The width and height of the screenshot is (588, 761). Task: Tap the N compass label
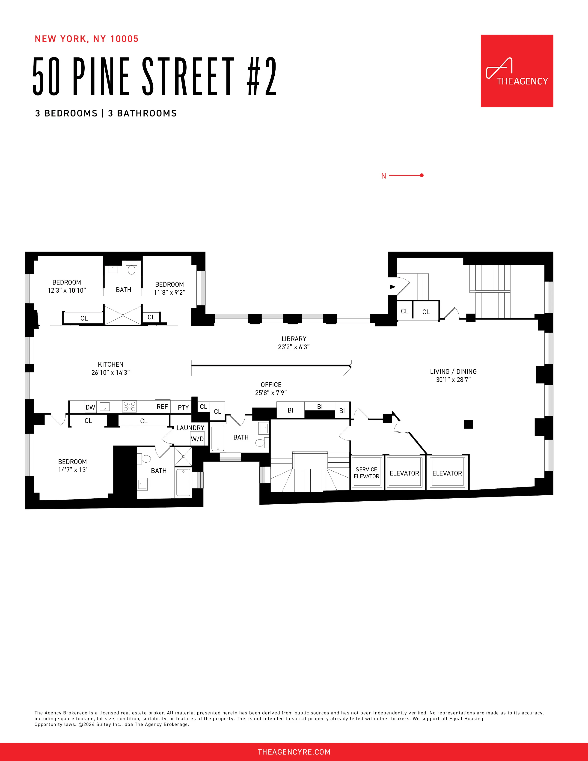[383, 176]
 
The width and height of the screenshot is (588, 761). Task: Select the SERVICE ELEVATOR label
[366, 473]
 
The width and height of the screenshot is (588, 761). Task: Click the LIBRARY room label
[294, 339]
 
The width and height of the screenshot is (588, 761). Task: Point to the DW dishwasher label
[90, 407]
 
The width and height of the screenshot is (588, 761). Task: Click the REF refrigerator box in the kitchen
[162, 406]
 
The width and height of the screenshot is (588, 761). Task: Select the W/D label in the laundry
[197, 439]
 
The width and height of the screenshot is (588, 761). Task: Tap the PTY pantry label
[183, 407]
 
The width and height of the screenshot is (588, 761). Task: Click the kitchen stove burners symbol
[129, 406]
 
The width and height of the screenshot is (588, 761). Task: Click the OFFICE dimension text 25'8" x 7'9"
[271, 393]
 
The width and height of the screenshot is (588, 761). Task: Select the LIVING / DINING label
[453, 372]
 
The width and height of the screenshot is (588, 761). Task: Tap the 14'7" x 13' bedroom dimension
[72, 470]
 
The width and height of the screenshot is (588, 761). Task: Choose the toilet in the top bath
[131, 269]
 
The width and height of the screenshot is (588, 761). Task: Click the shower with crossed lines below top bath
[123, 315]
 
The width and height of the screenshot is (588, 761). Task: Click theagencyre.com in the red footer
[294, 752]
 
